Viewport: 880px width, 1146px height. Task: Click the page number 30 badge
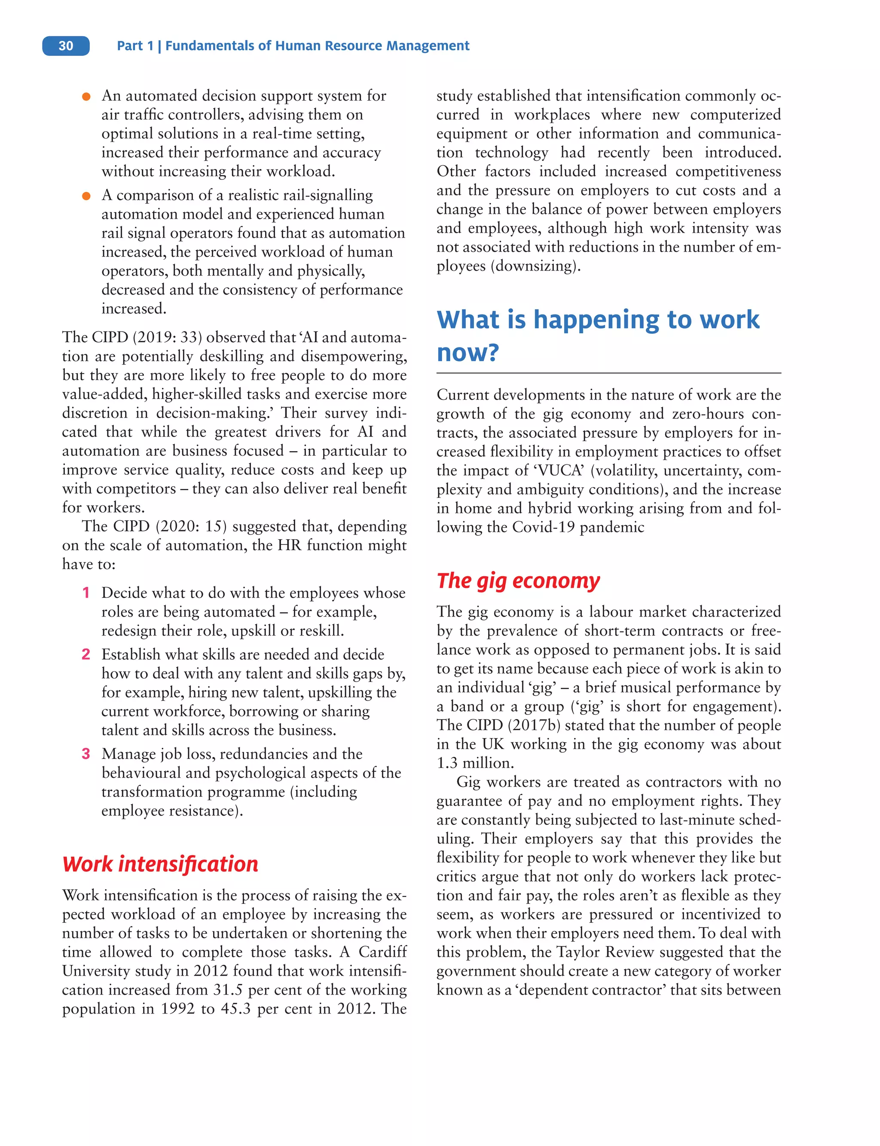pyautogui.click(x=66, y=46)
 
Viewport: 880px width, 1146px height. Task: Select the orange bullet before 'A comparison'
pyautogui.click(x=86, y=196)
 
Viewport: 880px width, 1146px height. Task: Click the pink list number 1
pyautogui.click(x=86, y=593)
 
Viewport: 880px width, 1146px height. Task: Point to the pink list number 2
pyautogui.click(x=86, y=654)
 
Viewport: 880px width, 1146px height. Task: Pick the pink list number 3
pyautogui.click(x=86, y=754)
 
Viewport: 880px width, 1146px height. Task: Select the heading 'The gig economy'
pyautogui.click(x=518, y=581)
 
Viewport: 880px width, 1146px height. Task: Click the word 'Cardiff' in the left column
pyautogui.click(x=382, y=952)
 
